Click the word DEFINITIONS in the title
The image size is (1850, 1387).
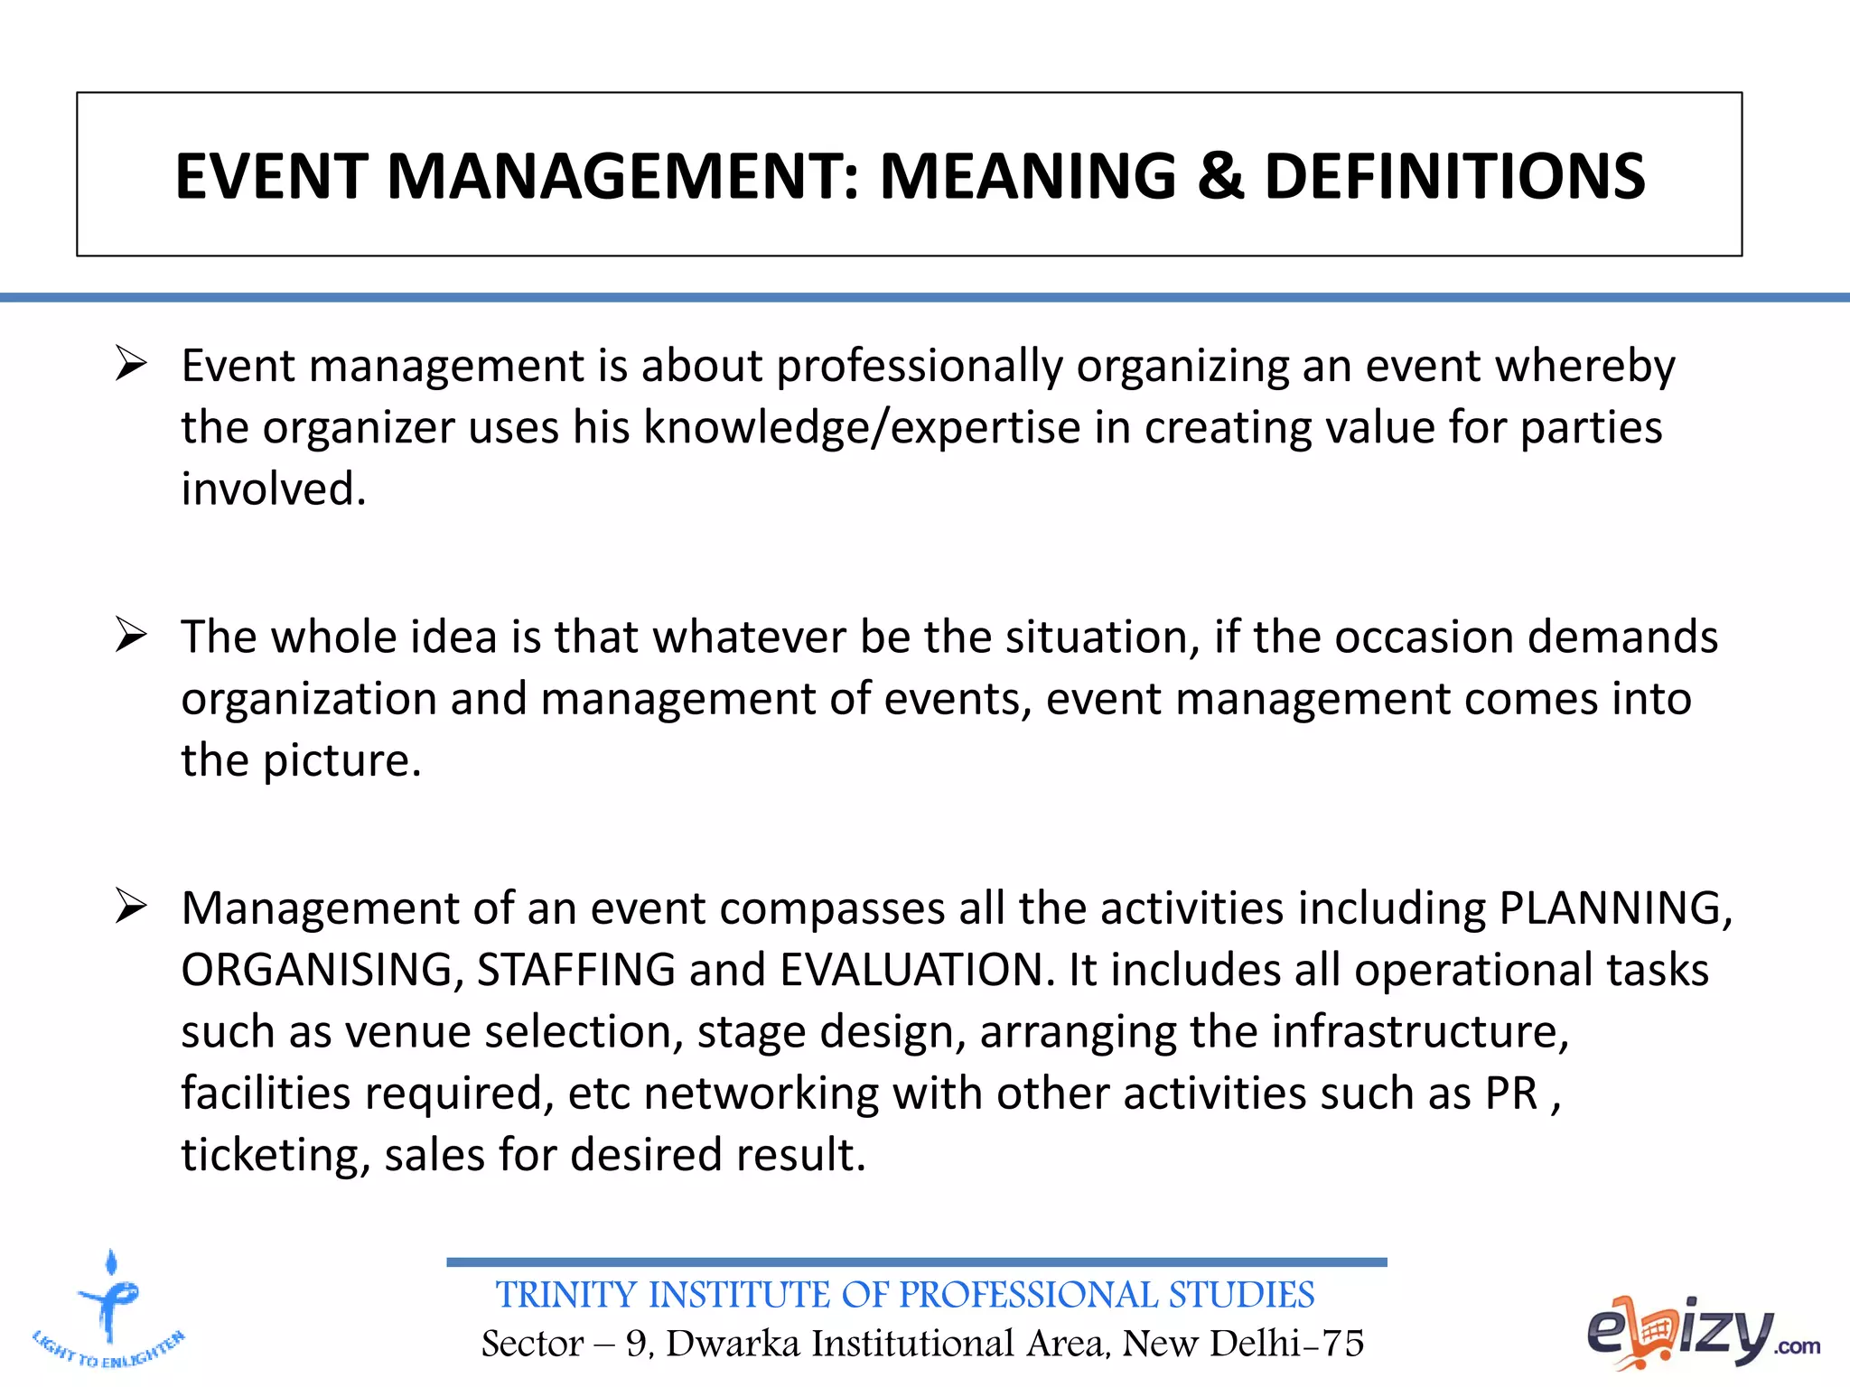[1454, 176]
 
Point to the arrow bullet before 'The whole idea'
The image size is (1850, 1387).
[131, 636]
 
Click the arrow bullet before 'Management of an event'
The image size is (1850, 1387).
[131, 907]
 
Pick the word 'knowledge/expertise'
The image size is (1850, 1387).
[862, 428]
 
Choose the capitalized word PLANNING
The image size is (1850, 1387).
[1613, 908]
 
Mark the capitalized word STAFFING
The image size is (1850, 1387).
[575, 970]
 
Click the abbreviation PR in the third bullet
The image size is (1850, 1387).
[1511, 1094]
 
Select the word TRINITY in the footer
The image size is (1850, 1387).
[565, 1295]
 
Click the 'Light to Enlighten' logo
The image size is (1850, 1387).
[109, 1310]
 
